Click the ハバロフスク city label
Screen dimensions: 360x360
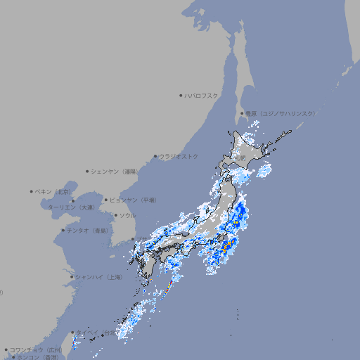[202, 95]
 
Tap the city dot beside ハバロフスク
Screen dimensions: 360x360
[181, 95]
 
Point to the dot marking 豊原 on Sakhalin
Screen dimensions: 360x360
[242, 113]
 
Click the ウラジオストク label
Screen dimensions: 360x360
[179, 156]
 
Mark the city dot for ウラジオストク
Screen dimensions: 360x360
[156, 156]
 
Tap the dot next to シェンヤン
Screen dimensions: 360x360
[88, 171]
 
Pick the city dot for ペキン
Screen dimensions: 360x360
[32, 191]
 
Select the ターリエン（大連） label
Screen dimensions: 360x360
[71, 207]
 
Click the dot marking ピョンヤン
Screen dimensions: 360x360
[106, 200]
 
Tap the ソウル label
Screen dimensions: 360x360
[127, 215]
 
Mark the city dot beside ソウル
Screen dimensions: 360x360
[115, 215]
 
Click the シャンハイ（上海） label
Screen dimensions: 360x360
[98, 277]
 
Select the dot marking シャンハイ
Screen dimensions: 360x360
[72, 277]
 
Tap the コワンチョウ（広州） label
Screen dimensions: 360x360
[36, 349]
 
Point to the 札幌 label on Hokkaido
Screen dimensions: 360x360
[240, 159]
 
